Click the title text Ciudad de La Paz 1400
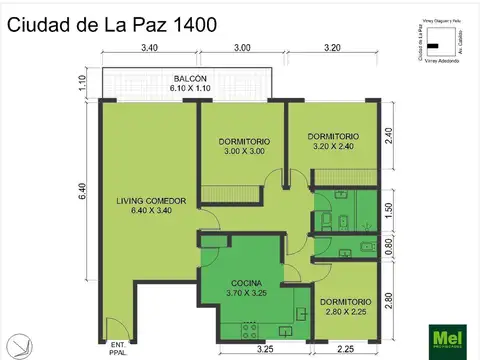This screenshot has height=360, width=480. coord(112,25)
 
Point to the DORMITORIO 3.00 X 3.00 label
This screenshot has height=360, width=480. coord(244,146)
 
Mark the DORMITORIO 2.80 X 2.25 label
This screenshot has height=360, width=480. coord(345,307)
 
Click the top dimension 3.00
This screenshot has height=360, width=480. coord(243,48)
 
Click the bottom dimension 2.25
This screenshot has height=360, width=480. coord(346,349)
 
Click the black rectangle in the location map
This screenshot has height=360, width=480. coord(433,45)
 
